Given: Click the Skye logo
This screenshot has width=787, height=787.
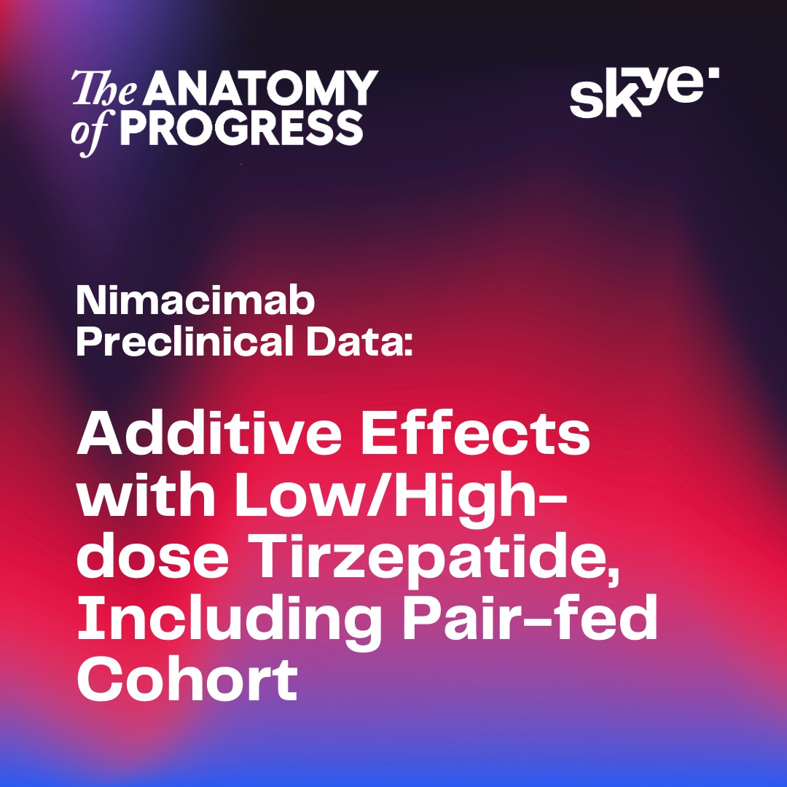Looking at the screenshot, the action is [644, 93].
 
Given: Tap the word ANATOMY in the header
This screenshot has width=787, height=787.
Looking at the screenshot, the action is [261, 88].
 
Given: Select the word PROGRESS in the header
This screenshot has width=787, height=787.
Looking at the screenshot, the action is [242, 128].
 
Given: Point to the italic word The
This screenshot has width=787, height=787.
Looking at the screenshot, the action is [104, 88].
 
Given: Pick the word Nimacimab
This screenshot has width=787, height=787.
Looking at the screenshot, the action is [195, 301].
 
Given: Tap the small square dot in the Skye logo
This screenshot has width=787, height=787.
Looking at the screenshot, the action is [713, 73].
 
